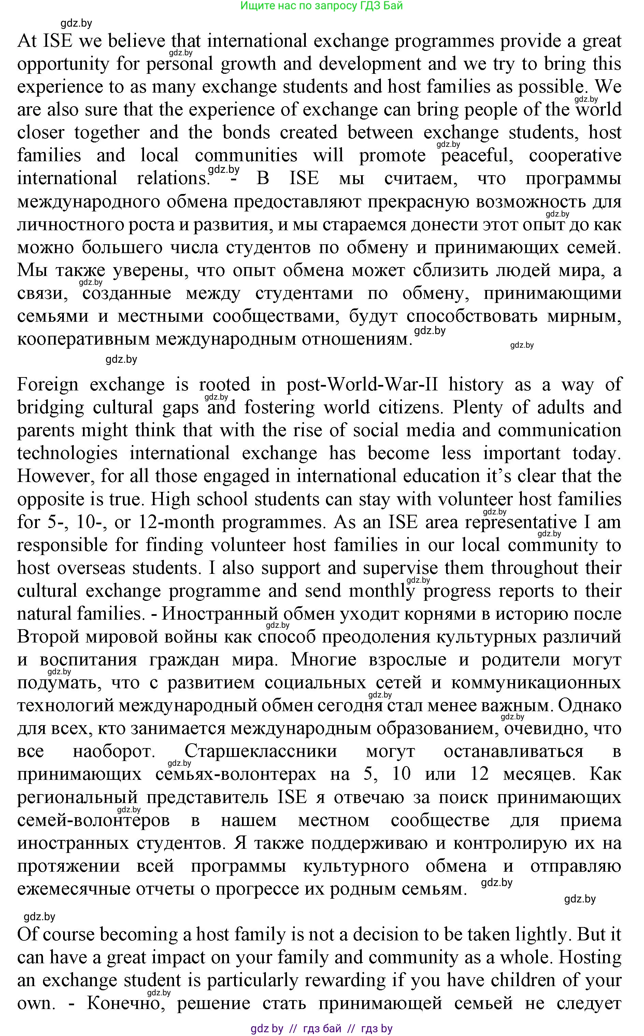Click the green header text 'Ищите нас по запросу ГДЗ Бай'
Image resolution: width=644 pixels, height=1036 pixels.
321,6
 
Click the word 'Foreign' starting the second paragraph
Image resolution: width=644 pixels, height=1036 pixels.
48,385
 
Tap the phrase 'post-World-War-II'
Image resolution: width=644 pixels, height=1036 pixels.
362,385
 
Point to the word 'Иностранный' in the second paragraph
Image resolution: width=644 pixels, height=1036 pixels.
220,614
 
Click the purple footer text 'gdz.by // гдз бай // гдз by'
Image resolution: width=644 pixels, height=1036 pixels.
321,1028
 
